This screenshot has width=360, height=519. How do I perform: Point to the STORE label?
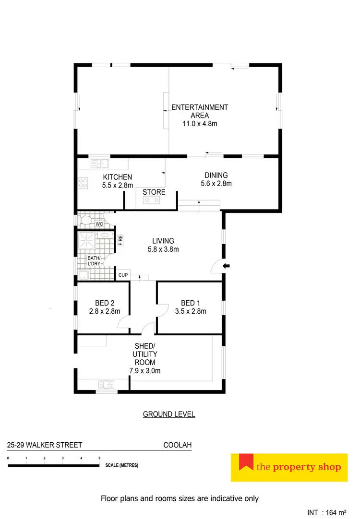[154, 192]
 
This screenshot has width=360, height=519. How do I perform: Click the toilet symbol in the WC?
[86, 221]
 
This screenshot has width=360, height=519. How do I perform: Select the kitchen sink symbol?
[100, 164]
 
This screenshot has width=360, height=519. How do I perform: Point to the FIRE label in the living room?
[120, 240]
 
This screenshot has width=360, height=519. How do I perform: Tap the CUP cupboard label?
[123, 275]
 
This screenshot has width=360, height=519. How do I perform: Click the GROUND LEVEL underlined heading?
[169, 414]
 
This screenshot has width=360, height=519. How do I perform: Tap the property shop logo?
[289, 467]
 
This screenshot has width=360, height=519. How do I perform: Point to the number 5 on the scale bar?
[99, 459]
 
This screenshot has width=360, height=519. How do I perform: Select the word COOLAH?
[178, 445]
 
